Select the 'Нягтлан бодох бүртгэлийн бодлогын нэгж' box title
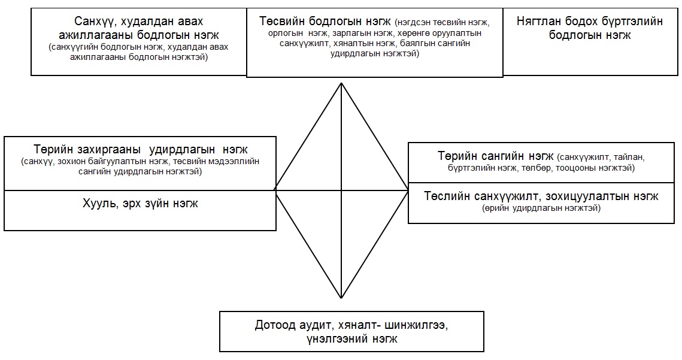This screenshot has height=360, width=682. [590, 28]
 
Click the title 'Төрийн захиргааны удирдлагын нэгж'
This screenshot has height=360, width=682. [141, 149]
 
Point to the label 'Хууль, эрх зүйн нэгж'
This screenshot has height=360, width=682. [140, 203]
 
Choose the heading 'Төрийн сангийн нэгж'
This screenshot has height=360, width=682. [495, 156]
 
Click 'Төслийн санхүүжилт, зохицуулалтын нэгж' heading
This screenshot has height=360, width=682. [541, 196]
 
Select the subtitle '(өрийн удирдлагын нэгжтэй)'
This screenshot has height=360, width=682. [541, 208]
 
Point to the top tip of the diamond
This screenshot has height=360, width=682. [341, 83]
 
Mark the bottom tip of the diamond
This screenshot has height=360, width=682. [341, 298]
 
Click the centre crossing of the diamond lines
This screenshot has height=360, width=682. [341, 190]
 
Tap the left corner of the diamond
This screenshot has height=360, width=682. [274, 190]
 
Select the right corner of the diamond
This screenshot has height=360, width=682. [408, 190]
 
